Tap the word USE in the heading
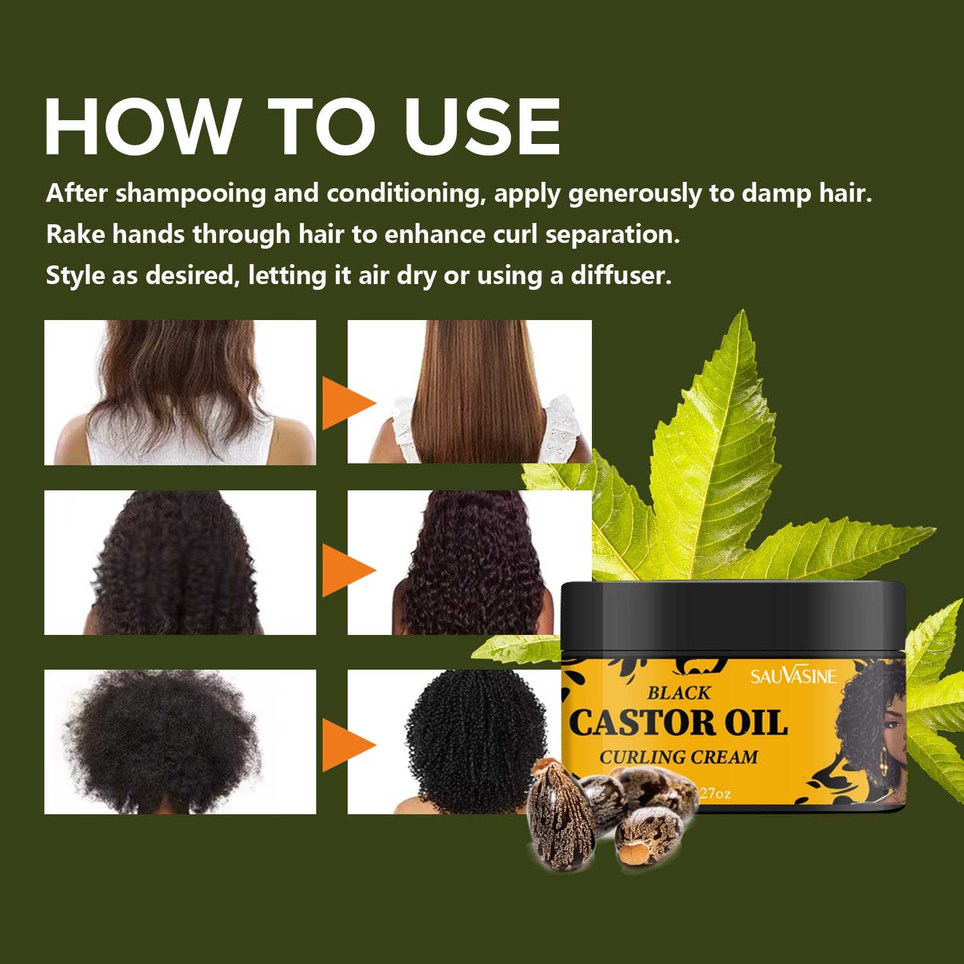pyautogui.click(x=483, y=127)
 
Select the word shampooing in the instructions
pyautogui.click(x=190, y=194)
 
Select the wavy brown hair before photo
pyautogui.click(x=180, y=392)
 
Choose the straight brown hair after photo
pyautogui.click(x=470, y=391)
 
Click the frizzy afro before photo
pyautogui.click(x=180, y=742)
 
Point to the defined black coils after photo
pyautogui.click(x=453, y=742)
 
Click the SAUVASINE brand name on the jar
pyautogui.click(x=794, y=676)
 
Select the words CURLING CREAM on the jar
pyautogui.click(x=679, y=757)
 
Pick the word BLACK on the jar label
pyautogui.click(x=679, y=693)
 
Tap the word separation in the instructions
pyautogui.click(x=612, y=235)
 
